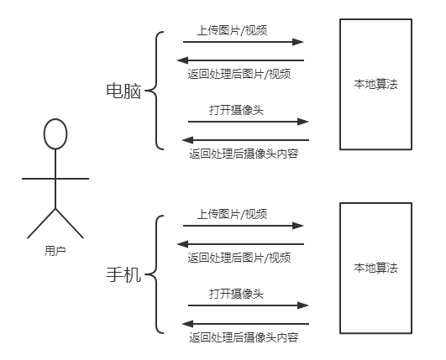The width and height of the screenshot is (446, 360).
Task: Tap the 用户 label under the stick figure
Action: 55,251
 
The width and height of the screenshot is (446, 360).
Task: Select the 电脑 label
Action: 123,91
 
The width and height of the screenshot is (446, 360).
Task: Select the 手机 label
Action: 123,274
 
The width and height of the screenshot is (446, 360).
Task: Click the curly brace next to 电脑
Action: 156,91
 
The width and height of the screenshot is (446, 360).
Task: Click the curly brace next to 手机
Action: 156,274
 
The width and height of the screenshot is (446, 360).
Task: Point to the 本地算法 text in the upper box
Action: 375,84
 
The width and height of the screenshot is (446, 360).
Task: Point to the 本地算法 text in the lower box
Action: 375,268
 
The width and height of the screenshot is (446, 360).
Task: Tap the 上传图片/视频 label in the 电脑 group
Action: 232,30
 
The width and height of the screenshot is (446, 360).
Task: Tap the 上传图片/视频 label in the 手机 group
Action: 232,214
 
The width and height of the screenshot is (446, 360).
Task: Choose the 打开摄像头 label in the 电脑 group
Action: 236,110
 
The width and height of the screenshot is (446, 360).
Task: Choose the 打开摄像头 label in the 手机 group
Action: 236,294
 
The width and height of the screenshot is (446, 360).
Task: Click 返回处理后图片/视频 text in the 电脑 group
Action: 239,74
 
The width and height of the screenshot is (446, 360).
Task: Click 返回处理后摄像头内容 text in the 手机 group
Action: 244,337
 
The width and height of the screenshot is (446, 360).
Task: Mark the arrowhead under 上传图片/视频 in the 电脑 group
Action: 298,42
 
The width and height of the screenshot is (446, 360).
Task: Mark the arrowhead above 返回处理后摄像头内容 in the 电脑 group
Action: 188,140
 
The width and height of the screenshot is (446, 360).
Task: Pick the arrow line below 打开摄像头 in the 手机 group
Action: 249,305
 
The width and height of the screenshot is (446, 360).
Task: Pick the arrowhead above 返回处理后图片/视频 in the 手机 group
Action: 182,244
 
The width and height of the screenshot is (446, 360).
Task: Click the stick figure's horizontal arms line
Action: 55,179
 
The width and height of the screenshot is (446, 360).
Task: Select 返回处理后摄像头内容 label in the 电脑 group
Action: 244,154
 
